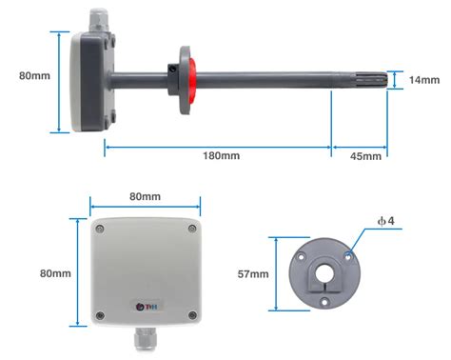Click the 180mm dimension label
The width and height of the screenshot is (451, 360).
click(221, 155)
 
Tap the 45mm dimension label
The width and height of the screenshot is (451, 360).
click(365, 156)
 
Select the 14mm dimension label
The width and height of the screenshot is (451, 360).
click(424, 80)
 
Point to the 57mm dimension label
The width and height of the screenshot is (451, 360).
click(253, 274)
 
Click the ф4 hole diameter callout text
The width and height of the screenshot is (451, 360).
click(386, 221)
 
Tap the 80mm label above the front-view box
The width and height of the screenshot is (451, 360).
click(145, 196)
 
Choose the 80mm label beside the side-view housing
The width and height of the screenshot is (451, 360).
click(34, 76)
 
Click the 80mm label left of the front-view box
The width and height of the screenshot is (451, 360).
click(55, 273)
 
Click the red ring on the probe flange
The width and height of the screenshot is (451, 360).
click(192, 81)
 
